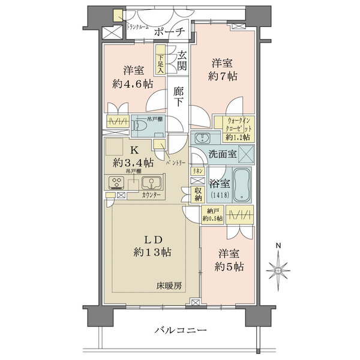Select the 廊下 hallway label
(178, 98)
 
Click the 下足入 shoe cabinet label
(160, 61)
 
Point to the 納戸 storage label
(214, 215)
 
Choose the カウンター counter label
(151, 196)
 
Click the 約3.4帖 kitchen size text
(133, 163)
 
